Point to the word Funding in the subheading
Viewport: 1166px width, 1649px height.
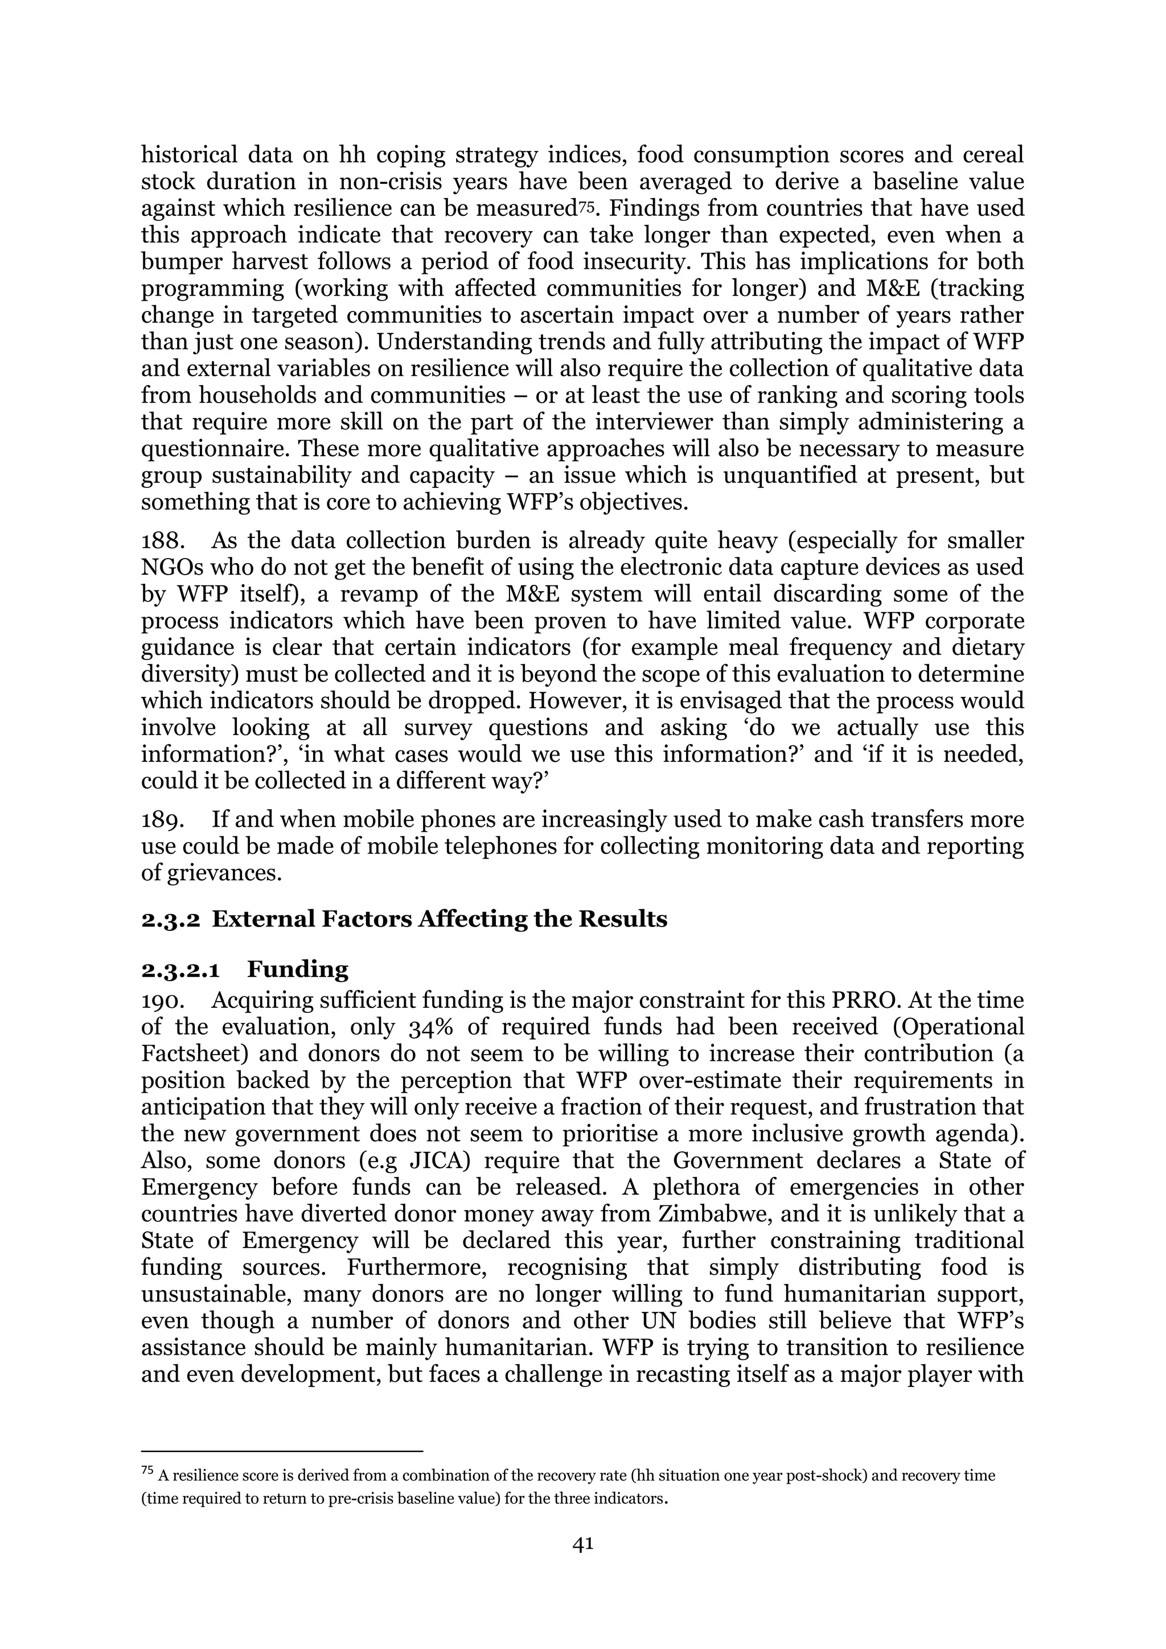pyautogui.click(x=297, y=970)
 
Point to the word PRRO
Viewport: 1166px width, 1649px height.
pyautogui.click(x=866, y=1000)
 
